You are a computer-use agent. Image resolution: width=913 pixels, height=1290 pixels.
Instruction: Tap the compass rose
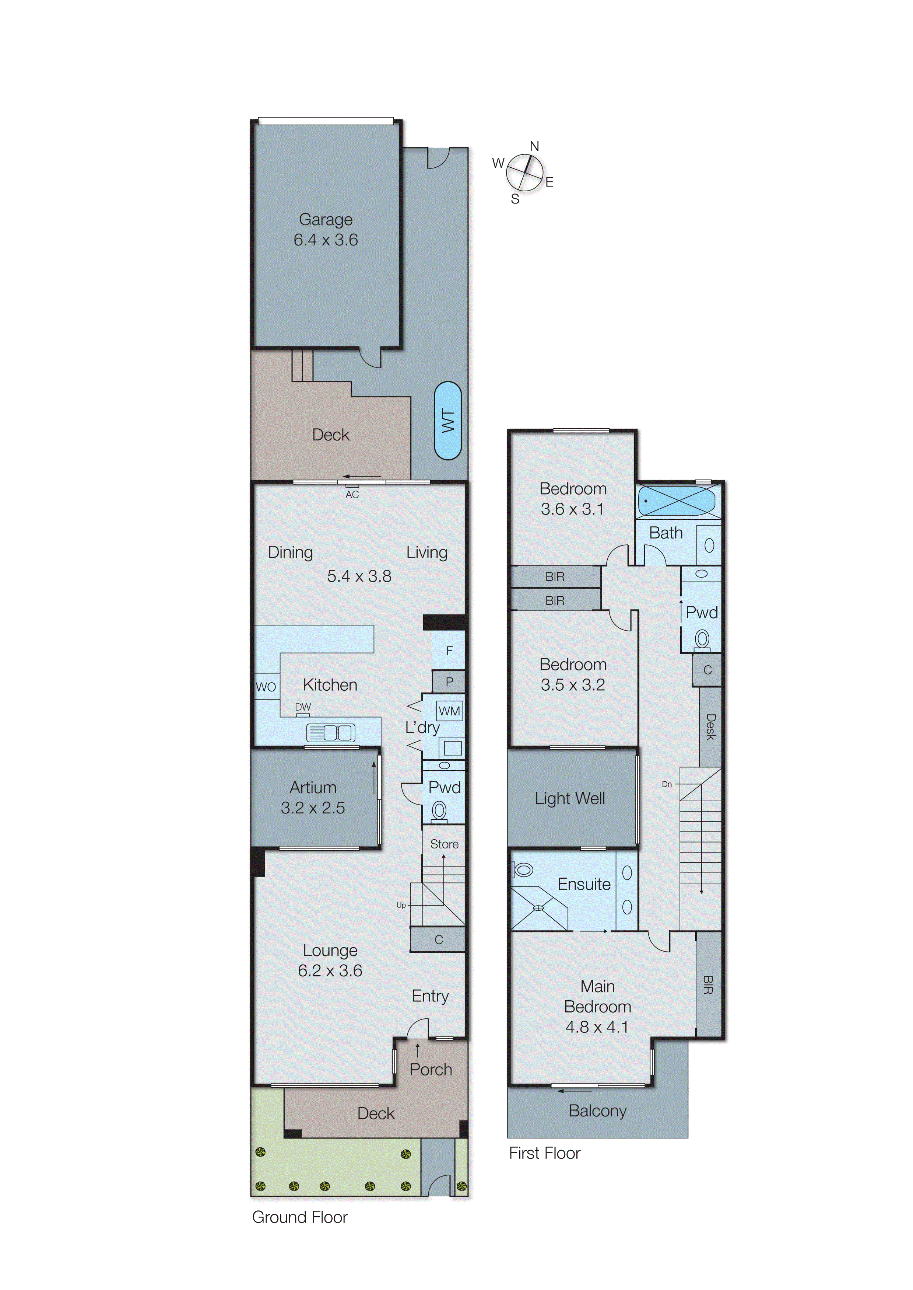click(x=524, y=172)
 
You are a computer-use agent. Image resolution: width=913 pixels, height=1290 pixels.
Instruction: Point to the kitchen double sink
click(x=331, y=732)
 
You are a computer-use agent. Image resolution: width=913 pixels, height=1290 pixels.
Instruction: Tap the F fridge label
click(x=449, y=651)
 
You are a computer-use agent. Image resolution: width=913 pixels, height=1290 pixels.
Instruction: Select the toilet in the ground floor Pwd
click(x=439, y=811)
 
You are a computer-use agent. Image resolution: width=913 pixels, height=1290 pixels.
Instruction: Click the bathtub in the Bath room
click(x=676, y=500)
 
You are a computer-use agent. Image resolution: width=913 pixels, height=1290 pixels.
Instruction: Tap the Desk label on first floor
click(x=710, y=726)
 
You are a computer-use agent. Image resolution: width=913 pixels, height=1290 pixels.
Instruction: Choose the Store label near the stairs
click(x=444, y=844)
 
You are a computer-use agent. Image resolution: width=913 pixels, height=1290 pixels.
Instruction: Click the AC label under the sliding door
click(x=352, y=495)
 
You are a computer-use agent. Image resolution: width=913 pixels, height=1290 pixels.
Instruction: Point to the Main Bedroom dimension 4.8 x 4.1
click(x=597, y=1027)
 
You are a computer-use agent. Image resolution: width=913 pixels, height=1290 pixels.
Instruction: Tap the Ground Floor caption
click(x=300, y=1217)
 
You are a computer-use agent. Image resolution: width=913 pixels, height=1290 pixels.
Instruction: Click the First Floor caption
click(x=544, y=1153)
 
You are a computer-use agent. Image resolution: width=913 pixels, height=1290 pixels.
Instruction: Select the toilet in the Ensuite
click(x=523, y=870)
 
